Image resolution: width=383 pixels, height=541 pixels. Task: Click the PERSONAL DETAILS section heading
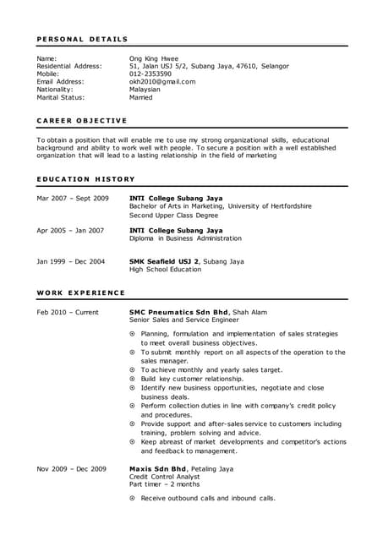[x=83, y=39]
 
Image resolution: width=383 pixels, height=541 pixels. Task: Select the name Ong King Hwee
[x=154, y=58]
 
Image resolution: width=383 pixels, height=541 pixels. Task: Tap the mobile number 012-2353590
[x=150, y=74]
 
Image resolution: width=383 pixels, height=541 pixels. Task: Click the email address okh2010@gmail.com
[x=162, y=82]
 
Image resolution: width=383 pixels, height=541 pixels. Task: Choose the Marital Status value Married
[x=141, y=97]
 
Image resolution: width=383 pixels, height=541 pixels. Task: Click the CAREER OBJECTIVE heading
[x=82, y=120]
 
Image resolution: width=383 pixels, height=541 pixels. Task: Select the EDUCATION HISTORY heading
[x=86, y=179]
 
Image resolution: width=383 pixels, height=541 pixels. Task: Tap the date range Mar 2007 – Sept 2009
[x=73, y=198]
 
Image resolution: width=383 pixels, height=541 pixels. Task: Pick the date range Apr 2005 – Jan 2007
[x=70, y=230]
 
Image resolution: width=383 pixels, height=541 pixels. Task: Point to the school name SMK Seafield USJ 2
[x=164, y=261]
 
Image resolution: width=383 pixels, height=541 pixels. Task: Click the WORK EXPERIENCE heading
[x=81, y=292]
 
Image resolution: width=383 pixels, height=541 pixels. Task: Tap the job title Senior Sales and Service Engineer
[x=184, y=320]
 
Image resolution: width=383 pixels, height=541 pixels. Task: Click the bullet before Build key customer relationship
[x=133, y=379]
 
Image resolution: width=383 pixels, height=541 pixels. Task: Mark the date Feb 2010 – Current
[x=68, y=312]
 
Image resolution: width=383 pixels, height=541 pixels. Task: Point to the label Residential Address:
[x=69, y=66]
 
